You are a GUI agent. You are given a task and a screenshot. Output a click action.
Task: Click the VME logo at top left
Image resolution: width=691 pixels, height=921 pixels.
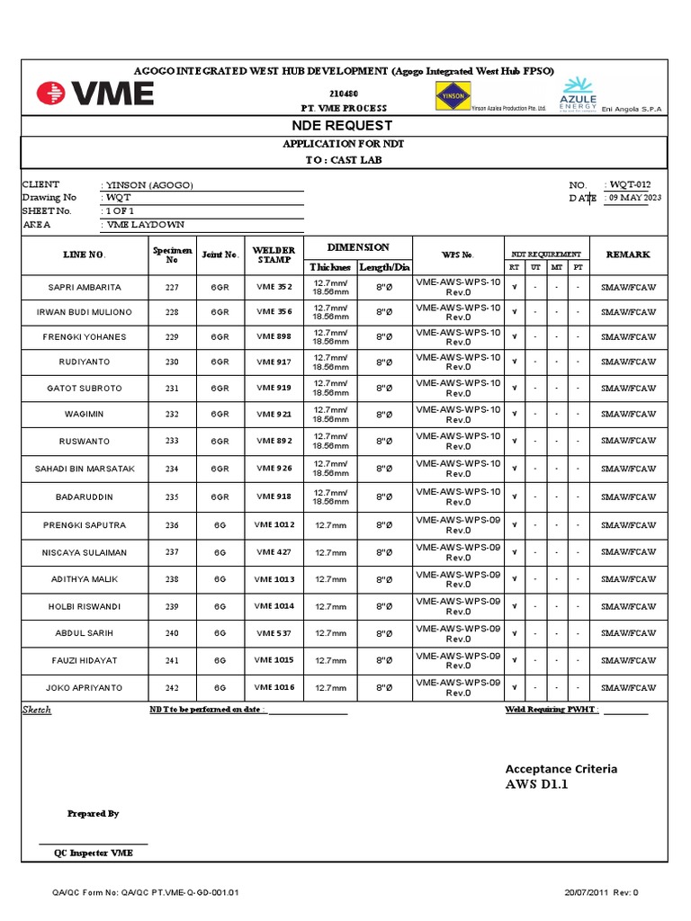94,94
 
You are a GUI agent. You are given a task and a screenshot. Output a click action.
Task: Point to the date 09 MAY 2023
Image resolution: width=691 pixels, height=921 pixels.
635,198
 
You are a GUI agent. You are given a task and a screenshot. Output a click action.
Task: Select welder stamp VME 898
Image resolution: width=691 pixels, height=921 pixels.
273,337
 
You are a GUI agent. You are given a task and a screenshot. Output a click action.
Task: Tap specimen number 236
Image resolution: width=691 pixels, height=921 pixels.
172,525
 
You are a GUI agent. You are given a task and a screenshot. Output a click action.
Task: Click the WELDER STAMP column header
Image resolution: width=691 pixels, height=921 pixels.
274,255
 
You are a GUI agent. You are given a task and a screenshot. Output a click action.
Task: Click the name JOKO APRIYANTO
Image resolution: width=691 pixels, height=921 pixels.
85,687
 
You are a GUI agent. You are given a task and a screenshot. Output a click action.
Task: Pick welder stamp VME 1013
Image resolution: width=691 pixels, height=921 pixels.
274,579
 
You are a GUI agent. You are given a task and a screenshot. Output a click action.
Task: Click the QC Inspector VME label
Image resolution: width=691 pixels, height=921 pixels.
94,853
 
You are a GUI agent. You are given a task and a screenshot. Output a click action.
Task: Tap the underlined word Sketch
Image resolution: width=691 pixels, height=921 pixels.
37,710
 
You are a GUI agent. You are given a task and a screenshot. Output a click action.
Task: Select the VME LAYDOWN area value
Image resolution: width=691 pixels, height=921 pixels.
147,225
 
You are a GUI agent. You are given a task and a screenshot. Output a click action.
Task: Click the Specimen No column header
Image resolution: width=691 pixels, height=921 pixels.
172,255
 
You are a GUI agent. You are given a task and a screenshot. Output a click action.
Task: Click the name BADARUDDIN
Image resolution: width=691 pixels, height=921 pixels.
85,496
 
